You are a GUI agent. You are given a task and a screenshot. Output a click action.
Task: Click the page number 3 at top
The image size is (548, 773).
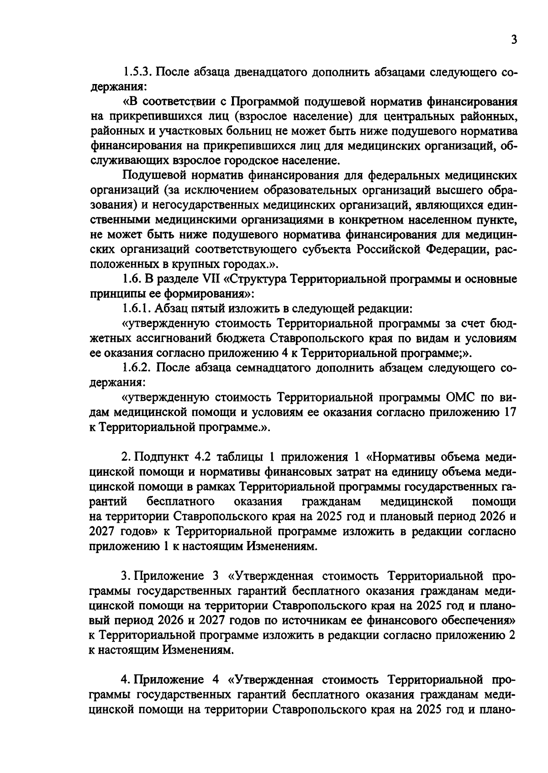[x=514, y=40]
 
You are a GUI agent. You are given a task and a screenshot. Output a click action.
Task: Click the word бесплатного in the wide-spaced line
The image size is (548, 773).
[x=181, y=502]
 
